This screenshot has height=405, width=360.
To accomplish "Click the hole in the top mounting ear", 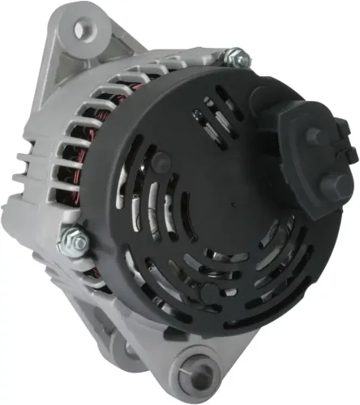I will [x=81, y=30].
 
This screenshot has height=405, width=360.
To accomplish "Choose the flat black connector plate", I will [x=312, y=158].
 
